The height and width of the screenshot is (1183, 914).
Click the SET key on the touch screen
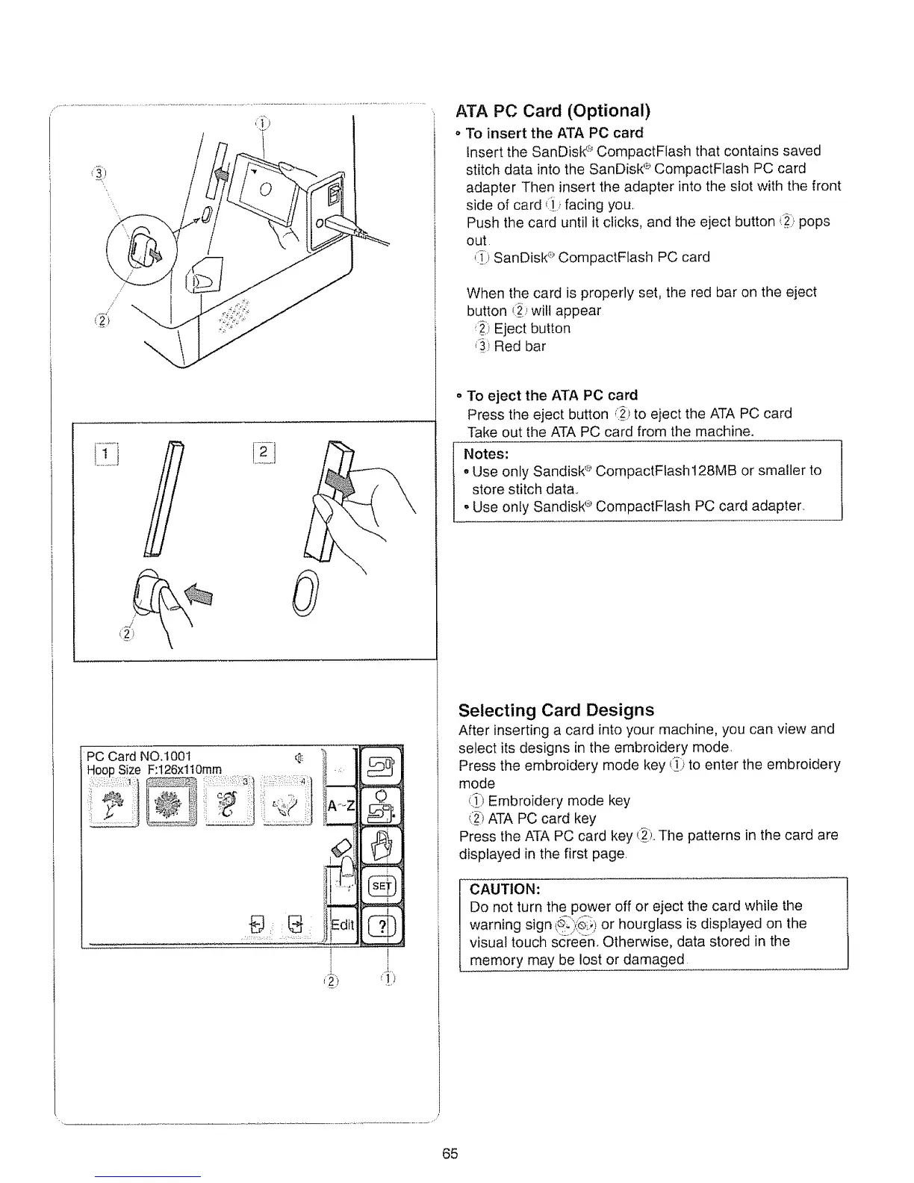381,886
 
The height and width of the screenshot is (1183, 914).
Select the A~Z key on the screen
341,806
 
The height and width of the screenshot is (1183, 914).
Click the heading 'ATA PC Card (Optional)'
553,111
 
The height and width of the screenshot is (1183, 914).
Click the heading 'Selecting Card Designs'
556,710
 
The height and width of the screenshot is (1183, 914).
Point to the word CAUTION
506,889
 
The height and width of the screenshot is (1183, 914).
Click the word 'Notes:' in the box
486,454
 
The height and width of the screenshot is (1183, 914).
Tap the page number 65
450,1154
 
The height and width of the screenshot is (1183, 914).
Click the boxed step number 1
110,453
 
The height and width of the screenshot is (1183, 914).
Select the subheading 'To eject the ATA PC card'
553,395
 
